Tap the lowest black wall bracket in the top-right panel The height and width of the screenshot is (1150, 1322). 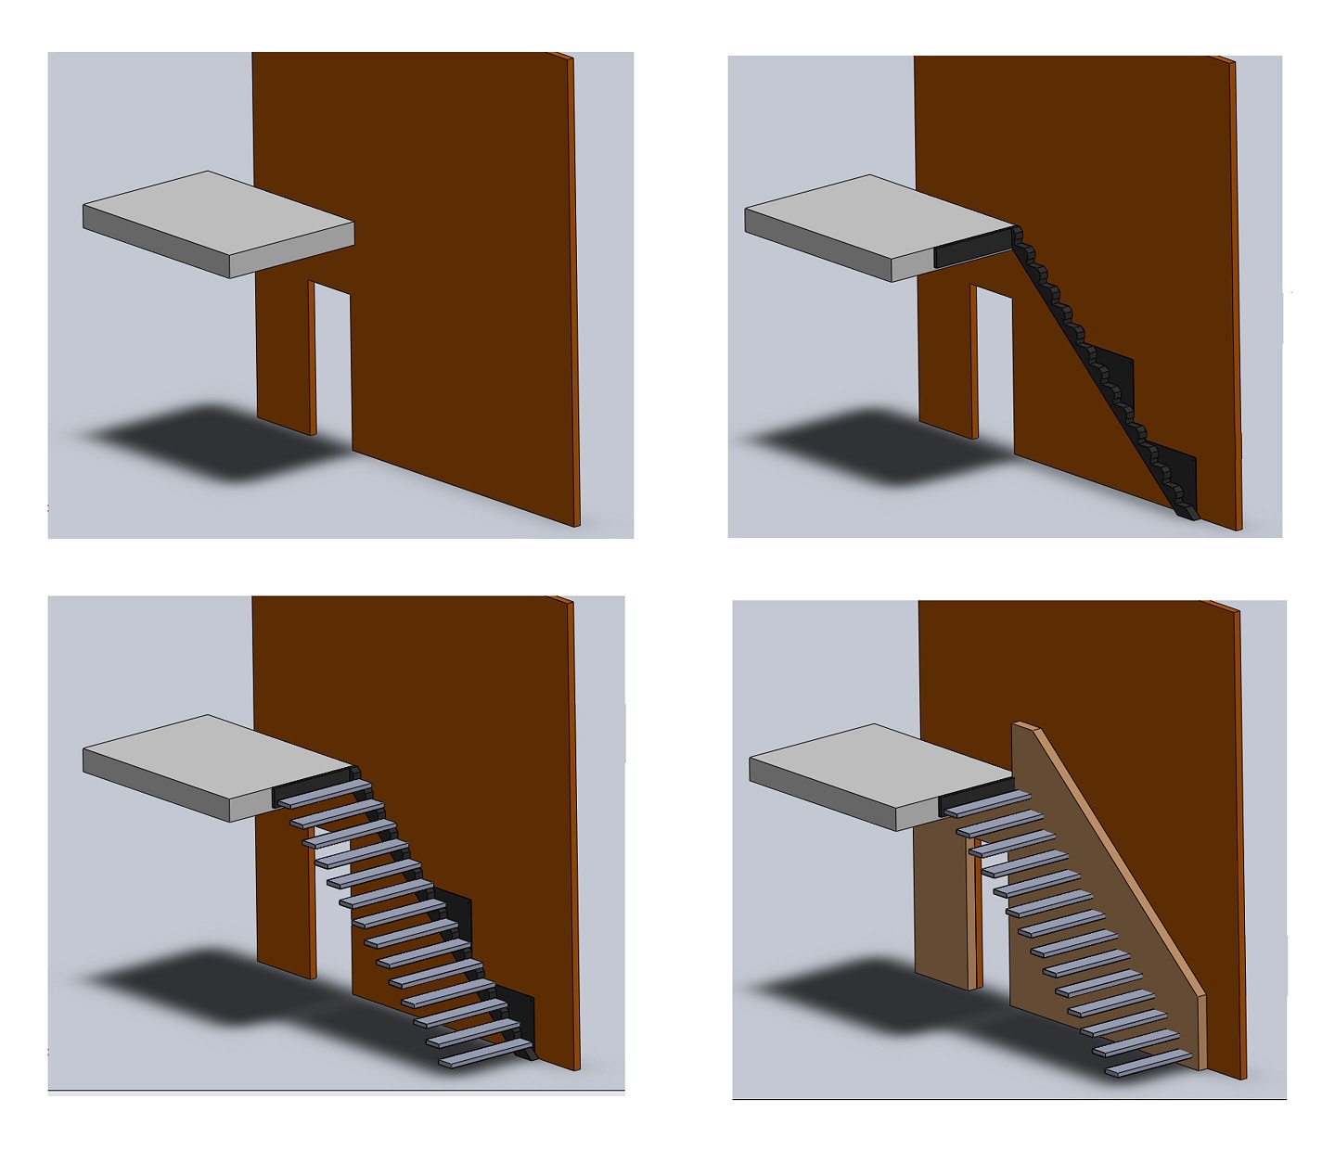click(x=1180, y=478)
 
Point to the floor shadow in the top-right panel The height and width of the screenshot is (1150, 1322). click(x=881, y=443)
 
